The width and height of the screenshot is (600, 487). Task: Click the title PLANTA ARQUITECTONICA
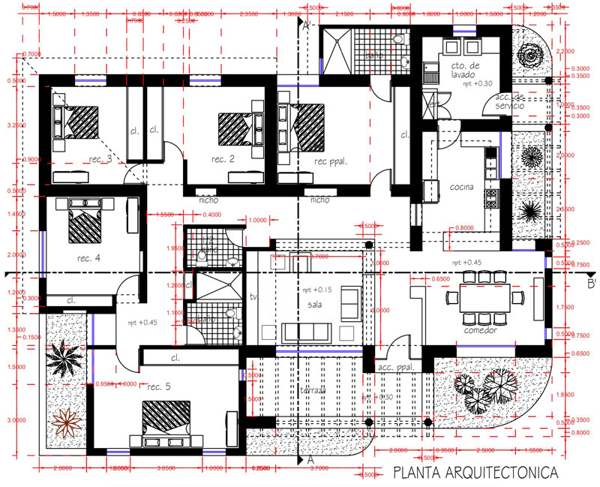point(475,473)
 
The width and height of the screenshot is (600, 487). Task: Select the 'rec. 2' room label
point(223,159)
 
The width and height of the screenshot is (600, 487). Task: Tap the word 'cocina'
point(460,187)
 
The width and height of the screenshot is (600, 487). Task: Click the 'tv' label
point(253,297)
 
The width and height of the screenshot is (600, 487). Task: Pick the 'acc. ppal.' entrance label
point(397,368)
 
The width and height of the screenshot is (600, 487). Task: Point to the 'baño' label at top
point(373,56)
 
